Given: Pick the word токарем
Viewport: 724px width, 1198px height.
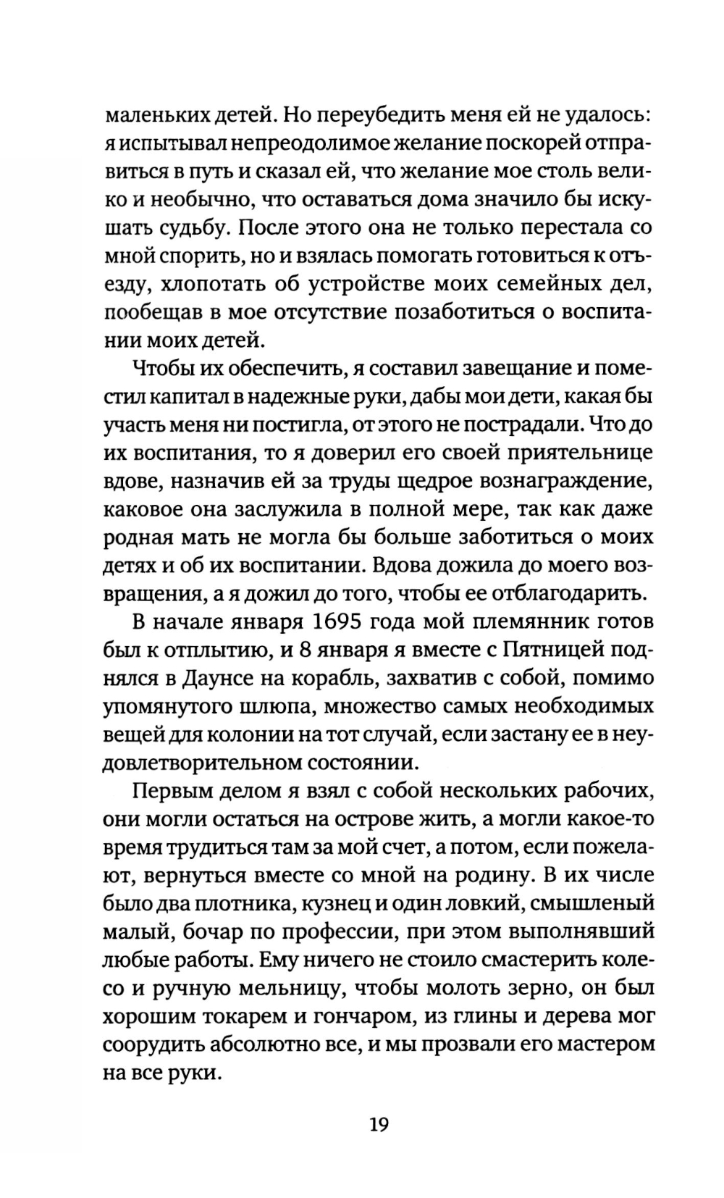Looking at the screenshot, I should click(x=251, y=1016).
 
